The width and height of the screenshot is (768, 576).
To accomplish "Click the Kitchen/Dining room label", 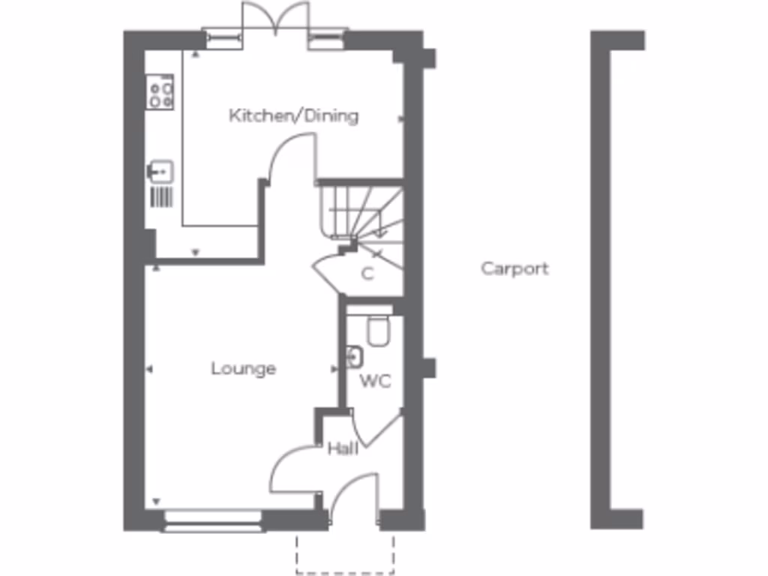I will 293,116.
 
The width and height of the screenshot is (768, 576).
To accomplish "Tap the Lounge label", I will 243,369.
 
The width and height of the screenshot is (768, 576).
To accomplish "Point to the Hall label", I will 342,448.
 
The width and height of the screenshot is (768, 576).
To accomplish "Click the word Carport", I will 514,268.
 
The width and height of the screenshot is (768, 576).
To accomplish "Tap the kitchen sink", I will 160,172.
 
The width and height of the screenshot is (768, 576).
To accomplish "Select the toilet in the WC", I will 378,331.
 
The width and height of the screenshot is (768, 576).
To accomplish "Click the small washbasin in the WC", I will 354,357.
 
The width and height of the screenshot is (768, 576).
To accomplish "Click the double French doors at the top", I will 276,18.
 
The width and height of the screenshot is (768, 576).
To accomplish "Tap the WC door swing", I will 375,427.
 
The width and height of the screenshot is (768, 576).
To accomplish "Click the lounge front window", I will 214,521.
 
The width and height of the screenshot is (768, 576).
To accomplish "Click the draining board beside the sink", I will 161,196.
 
